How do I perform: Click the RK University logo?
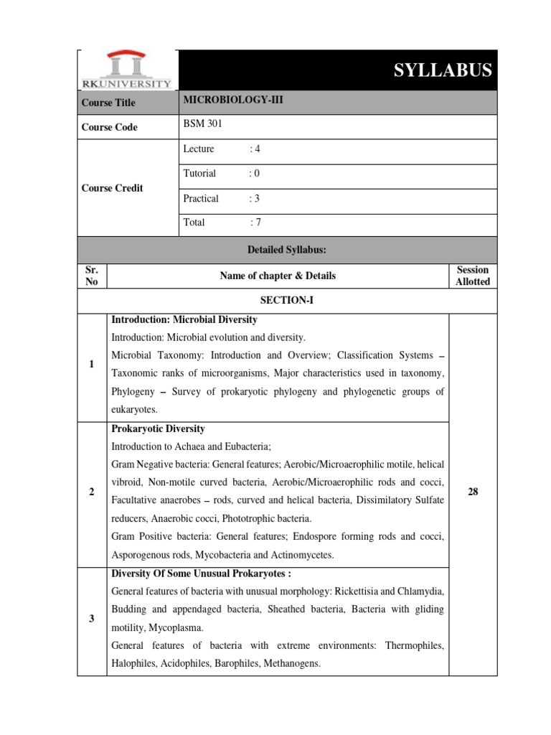pyautogui.click(x=127, y=70)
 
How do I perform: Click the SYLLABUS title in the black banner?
pyautogui.click(x=443, y=70)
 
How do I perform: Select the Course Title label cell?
pyautogui.click(x=108, y=103)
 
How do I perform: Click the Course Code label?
pyautogui.click(x=109, y=127)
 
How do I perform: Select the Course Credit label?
pyautogui.click(x=112, y=188)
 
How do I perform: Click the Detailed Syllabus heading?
pyautogui.click(x=287, y=249)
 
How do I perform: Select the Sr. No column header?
pyautogui.click(x=92, y=276)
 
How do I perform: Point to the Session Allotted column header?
pyautogui.click(x=472, y=276)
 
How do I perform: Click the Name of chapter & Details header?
pyautogui.click(x=277, y=276)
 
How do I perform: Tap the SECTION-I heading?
pyautogui.click(x=287, y=301)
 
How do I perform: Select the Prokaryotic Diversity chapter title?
pyautogui.click(x=159, y=429)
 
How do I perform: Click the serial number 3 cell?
pyautogui.click(x=92, y=619)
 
